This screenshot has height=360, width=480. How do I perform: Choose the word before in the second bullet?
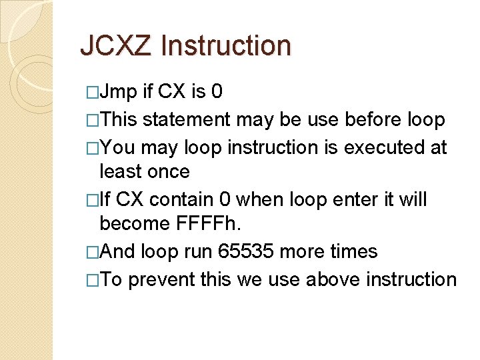(x=365, y=119)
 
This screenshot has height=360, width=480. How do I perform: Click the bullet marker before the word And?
(x=92, y=253)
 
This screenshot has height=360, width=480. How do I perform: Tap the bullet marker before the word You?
(x=92, y=147)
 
